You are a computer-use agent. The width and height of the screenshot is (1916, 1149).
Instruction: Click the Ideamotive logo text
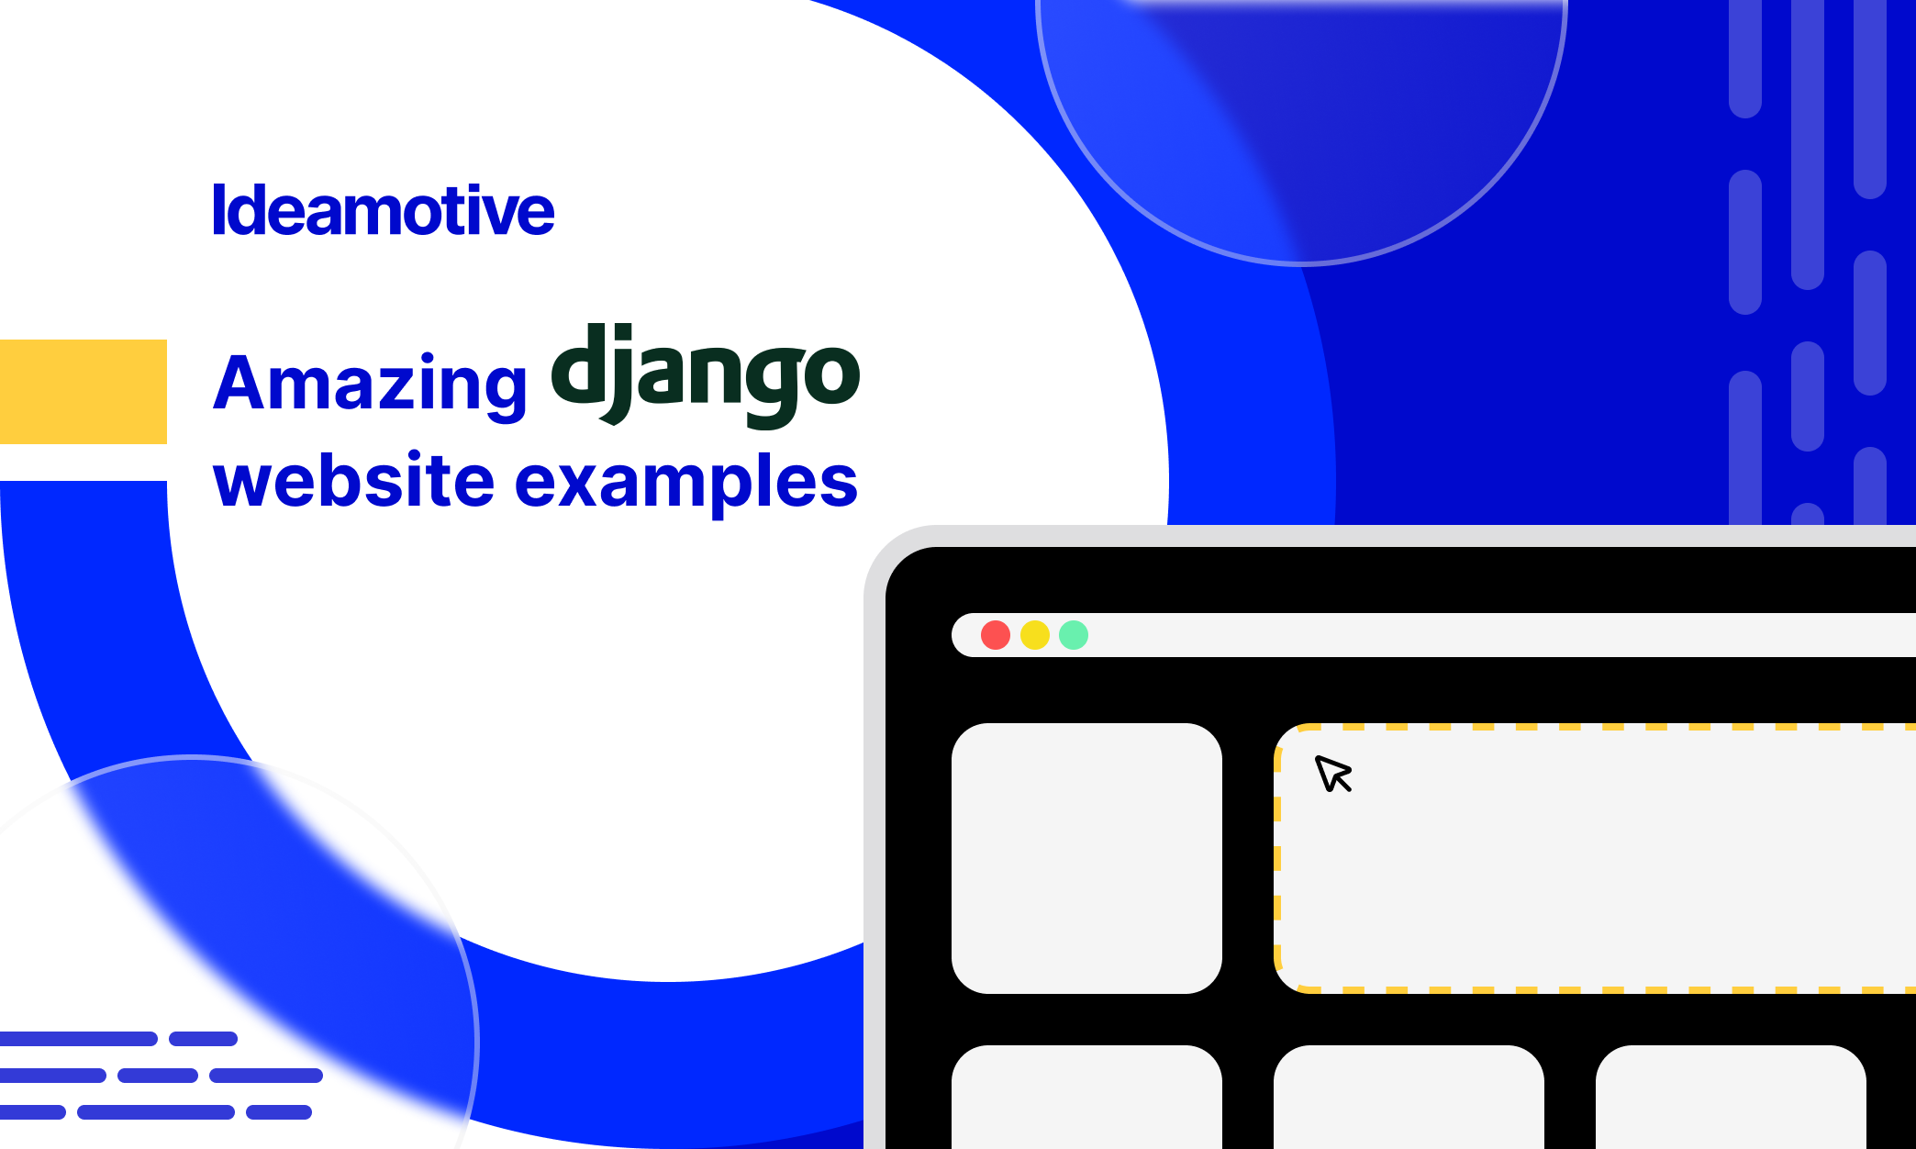pyautogui.click(x=384, y=210)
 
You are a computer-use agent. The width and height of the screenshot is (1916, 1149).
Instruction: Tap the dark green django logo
pyautogui.click(x=706, y=374)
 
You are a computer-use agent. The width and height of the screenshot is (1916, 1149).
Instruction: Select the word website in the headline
pyautogui.click(x=354, y=480)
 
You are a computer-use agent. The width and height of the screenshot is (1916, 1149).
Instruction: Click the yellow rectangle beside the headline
pyautogui.click(x=84, y=392)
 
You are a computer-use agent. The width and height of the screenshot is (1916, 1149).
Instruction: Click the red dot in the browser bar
pyautogui.click(x=996, y=635)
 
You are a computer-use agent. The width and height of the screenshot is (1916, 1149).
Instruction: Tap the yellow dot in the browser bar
pyautogui.click(x=1035, y=635)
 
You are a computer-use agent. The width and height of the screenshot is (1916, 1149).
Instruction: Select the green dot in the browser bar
pyautogui.click(x=1074, y=635)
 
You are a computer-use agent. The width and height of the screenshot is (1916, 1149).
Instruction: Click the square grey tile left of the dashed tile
pyautogui.click(x=1086, y=858)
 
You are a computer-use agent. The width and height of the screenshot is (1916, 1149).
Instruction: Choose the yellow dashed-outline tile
pyautogui.click(x=1595, y=858)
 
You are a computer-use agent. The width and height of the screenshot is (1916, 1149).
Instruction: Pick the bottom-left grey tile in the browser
pyautogui.click(x=1086, y=1097)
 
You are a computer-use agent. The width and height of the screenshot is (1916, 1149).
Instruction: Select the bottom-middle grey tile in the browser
pyautogui.click(x=1409, y=1097)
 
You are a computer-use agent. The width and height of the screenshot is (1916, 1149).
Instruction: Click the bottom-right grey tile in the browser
pyautogui.click(x=1731, y=1097)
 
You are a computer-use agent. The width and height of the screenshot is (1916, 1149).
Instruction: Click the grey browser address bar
pyautogui.click(x=1433, y=635)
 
